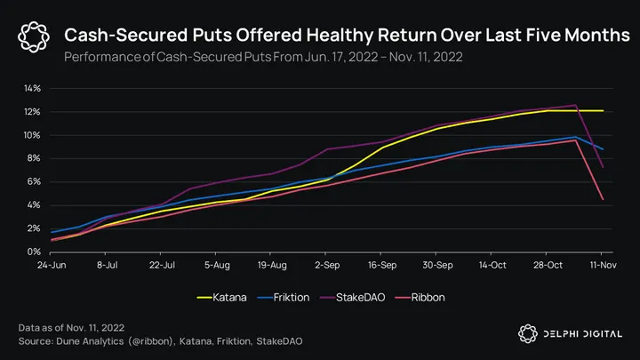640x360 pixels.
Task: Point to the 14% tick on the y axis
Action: (31, 89)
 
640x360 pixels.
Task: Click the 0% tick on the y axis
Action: (34, 252)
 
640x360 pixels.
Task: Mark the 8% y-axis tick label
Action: (34, 158)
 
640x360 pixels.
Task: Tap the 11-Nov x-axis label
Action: (604, 265)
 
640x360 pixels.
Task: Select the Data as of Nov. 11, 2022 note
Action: (71, 328)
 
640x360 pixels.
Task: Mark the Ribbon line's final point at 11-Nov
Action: (604, 199)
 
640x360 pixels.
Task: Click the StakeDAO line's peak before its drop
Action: (577, 105)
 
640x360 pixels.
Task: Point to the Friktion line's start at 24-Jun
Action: (52, 232)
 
